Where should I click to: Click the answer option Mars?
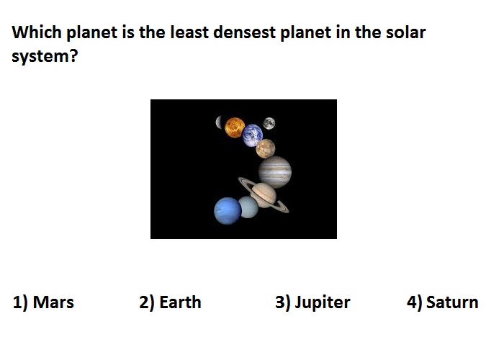click(x=43, y=302)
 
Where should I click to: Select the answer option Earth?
click(x=170, y=302)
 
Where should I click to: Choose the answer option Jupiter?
click(x=312, y=303)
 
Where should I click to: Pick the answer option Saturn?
click(x=443, y=302)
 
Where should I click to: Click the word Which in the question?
click(x=37, y=32)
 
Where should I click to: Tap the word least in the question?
click(x=189, y=32)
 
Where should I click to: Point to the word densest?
click(x=244, y=32)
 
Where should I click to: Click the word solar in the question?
click(x=405, y=32)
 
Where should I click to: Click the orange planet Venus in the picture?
click(x=235, y=127)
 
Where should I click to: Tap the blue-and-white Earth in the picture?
click(x=253, y=135)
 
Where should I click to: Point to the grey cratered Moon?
click(x=269, y=123)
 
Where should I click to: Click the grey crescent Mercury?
click(x=219, y=122)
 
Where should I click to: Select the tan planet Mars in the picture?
click(x=266, y=148)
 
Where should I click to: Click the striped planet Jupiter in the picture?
click(x=275, y=172)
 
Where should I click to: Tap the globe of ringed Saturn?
click(x=264, y=195)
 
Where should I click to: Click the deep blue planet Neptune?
click(x=228, y=210)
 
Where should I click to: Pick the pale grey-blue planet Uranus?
click(x=248, y=207)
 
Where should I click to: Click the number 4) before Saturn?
click(x=414, y=303)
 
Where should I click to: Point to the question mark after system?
click(x=73, y=55)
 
